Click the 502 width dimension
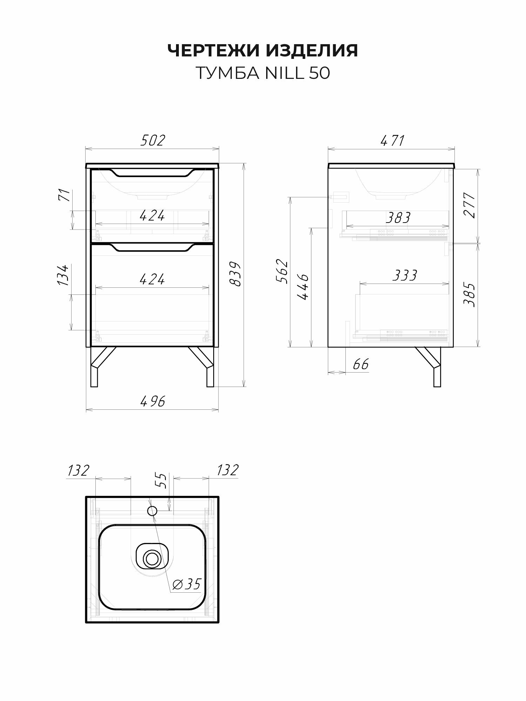click(153, 141)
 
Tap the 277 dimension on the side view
click(470, 205)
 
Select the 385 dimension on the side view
click(470, 294)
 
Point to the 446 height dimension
click(303, 287)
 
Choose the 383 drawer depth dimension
click(398, 218)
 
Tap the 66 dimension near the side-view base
click(360, 365)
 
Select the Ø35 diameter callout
click(187, 584)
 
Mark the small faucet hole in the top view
click(152, 511)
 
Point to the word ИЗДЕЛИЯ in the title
click(312, 51)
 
